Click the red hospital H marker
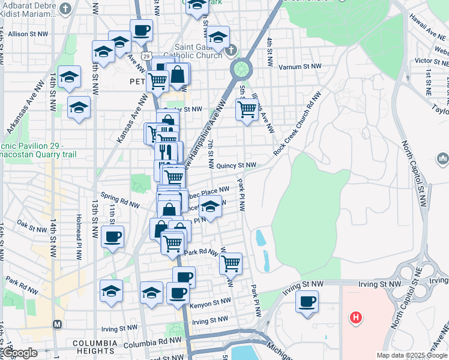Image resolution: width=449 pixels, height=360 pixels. [x=357, y=316]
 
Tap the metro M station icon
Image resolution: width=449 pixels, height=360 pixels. [x=57, y=325]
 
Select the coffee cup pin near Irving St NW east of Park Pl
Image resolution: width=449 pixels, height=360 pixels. [x=307, y=301]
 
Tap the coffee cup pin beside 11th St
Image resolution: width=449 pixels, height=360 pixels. [x=112, y=236]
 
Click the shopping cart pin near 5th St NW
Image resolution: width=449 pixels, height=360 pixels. [x=247, y=110]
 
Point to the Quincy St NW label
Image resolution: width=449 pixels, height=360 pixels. [x=237, y=165]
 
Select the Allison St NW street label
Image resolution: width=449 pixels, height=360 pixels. [x=26, y=34]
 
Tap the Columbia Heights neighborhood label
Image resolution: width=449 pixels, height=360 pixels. [x=94, y=346]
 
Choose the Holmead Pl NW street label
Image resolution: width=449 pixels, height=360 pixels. [x=79, y=237]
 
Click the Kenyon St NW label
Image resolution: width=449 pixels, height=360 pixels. [x=210, y=305]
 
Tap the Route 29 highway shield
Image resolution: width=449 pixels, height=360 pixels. [x=146, y=55]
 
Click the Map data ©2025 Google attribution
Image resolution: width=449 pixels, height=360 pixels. [x=412, y=355]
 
